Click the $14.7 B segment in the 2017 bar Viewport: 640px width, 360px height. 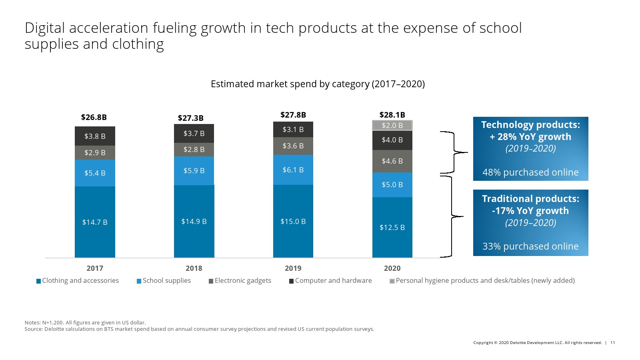point(95,222)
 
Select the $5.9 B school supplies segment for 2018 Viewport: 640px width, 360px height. point(194,171)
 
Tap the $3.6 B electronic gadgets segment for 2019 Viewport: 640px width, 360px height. point(293,146)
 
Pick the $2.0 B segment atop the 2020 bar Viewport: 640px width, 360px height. point(392,126)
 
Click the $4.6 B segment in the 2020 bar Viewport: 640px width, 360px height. point(392,161)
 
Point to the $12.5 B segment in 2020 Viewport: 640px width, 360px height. point(392,227)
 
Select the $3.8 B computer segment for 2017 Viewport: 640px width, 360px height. point(95,136)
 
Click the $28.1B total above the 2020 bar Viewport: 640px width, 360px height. point(392,115)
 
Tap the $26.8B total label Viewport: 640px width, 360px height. point(94,117)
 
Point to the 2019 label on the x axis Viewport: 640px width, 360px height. point(293,268)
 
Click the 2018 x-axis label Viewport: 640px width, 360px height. point(194,268)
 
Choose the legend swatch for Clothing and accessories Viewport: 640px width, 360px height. point(38,281)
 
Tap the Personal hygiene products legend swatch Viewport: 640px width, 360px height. point(392,281)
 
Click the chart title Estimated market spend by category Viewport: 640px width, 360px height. point(318,84)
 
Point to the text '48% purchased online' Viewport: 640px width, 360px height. point(530,172)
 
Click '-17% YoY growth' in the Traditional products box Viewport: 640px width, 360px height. point(530,211)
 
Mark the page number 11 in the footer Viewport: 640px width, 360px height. point(612,343)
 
